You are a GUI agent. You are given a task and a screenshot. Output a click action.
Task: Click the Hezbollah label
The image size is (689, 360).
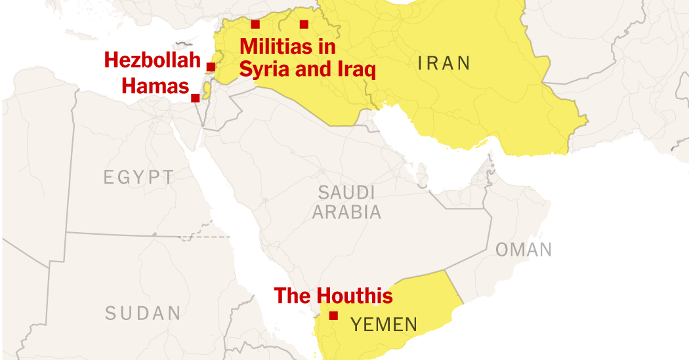(152, 60)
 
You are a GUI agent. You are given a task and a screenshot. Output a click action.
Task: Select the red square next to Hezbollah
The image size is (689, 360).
(211, 66)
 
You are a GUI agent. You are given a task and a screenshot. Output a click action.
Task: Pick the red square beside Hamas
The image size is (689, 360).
(195, 98)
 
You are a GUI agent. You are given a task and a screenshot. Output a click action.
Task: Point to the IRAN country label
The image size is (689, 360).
(444, 63)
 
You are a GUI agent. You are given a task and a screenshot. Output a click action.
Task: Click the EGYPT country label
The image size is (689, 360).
(139, 177)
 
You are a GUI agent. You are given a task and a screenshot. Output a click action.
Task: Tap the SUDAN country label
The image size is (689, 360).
(142, 313)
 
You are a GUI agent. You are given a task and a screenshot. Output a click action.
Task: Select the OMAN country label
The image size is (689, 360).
(523, 249)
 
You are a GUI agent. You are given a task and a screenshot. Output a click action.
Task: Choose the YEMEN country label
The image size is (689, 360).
(383, 324)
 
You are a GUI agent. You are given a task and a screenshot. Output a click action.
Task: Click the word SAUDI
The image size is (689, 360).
(346, 192)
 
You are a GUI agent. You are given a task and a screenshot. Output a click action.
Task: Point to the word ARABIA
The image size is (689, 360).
(346, 212)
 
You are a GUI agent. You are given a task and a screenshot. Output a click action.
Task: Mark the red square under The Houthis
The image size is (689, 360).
(333, 315)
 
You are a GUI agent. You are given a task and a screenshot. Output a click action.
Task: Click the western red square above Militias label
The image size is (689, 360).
(255, 25)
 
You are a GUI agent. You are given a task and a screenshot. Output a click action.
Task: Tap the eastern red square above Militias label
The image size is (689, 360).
(304, 25)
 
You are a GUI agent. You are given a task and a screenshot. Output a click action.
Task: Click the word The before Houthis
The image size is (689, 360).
(293, 296)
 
